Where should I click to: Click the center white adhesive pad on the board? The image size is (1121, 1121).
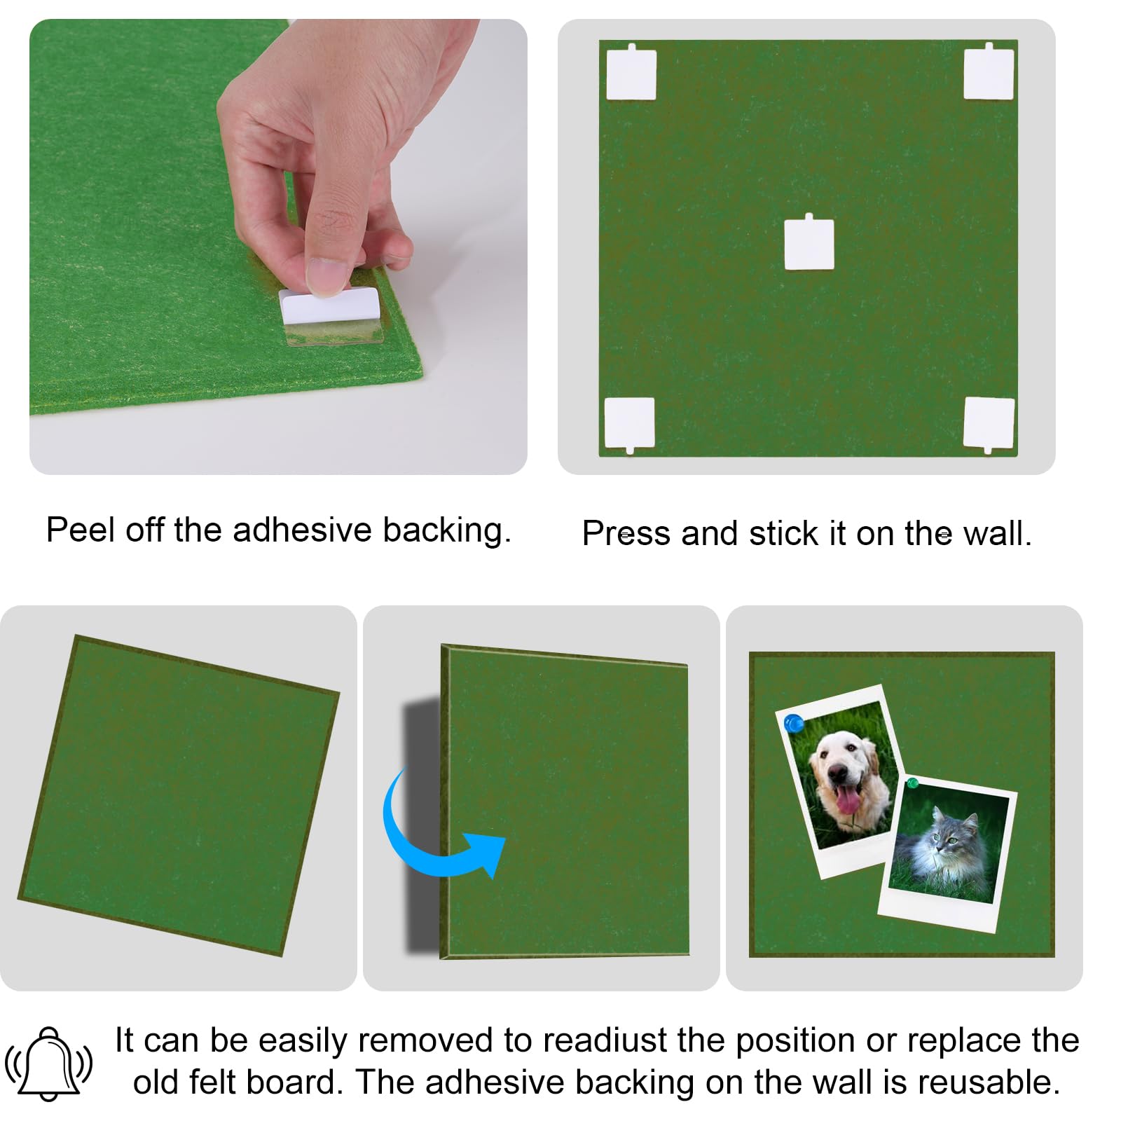tap(809, 243)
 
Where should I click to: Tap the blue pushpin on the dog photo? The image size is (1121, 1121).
tap(794, 723)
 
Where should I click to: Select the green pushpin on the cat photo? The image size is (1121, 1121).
tap(912, 783)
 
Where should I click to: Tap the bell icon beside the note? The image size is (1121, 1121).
tap(48, 1064)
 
